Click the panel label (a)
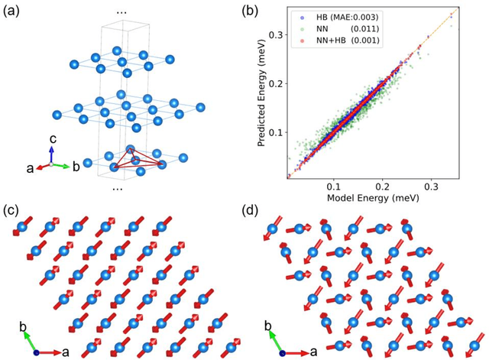16,12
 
